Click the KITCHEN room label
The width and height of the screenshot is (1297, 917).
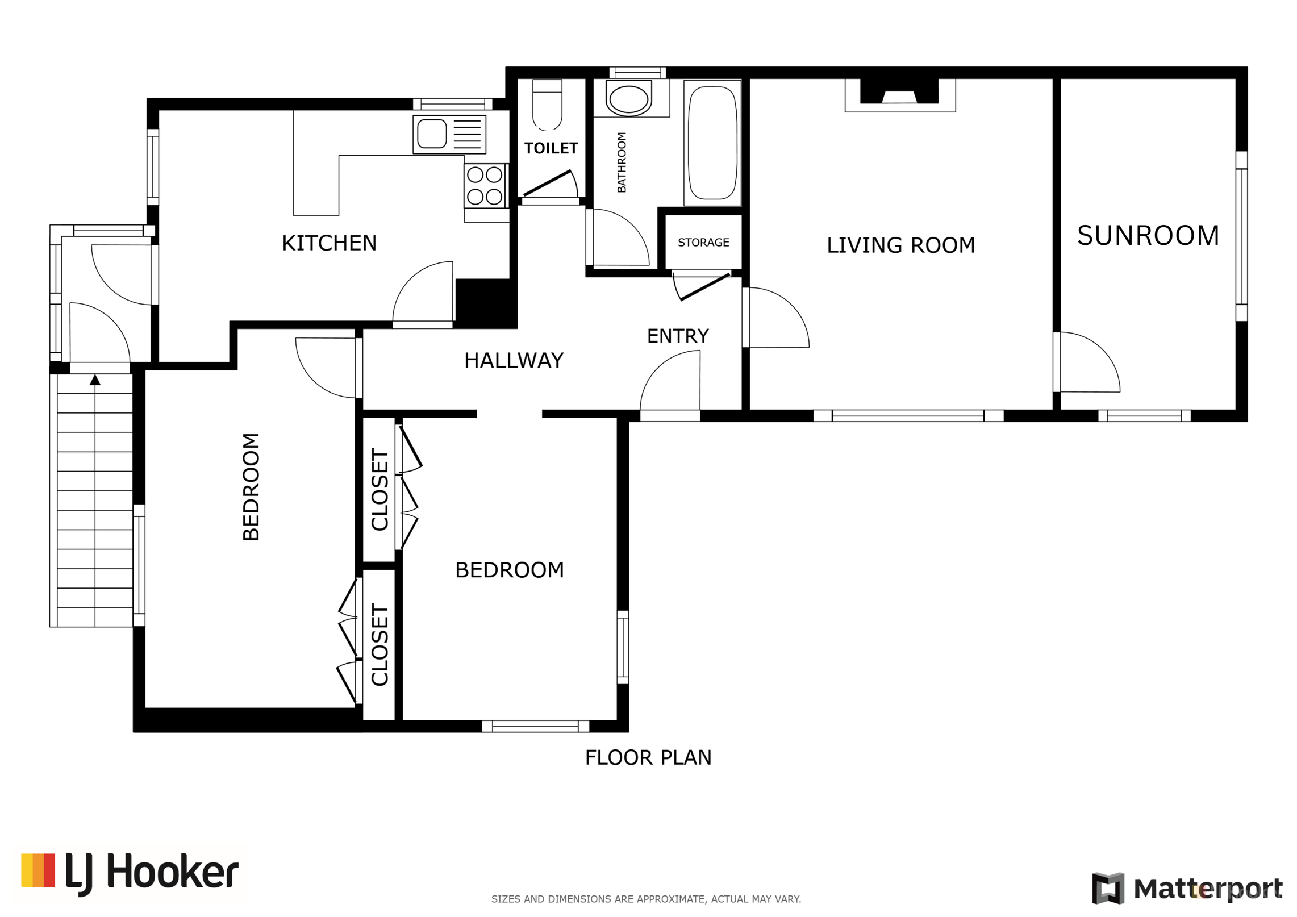[329, 243]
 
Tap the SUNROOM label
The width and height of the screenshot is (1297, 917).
[1148, 235]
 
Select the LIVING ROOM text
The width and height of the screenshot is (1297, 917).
[900, 245]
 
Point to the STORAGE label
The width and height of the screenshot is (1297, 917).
[703, 243]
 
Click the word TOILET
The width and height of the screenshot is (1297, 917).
[551, 148]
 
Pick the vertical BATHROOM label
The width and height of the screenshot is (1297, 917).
[622, 162]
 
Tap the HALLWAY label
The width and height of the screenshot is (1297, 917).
[514, 360]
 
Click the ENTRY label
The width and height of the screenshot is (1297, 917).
[678, 336]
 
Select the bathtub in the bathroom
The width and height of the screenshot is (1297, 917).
[712, 143]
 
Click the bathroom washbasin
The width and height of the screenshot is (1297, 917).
[628, 99]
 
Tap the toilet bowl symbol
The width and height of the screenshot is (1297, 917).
[547, 105]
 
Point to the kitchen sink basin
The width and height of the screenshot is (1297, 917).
[432, 134]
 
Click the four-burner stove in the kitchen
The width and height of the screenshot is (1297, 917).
[485, 186]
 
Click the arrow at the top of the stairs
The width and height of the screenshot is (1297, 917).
[95, 380]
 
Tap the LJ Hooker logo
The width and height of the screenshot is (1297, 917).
[130, 873]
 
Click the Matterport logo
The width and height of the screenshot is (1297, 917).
[1187, 887]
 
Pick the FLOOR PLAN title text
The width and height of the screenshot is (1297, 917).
[648, 757]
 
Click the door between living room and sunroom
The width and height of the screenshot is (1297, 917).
[1086, 362]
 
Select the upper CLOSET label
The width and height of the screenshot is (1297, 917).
[379, 490]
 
